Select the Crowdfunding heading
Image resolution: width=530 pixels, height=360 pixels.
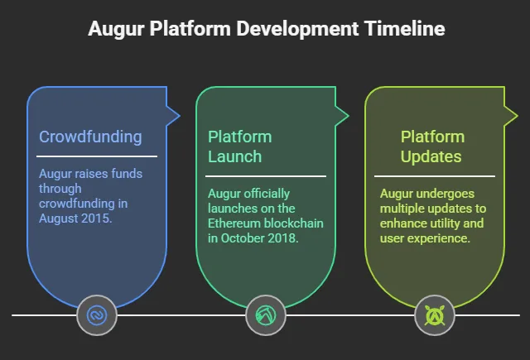pyautogui.click(x=90, y=137)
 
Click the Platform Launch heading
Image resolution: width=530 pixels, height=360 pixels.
pyautogui.click(x=239, y=146)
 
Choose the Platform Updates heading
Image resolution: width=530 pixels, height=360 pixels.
pyautogui.click(x=431, y=146)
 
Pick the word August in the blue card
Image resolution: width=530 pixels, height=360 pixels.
pyautogui.click(x=60, y=218)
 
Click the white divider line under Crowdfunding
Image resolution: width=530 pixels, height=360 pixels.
pyautogui.click(x=97, y=156)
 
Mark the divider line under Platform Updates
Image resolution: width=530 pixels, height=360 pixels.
pyautogui.click(x=434, y=175)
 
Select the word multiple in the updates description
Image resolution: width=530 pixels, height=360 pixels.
pyautogui.click(x=405, y=209)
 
